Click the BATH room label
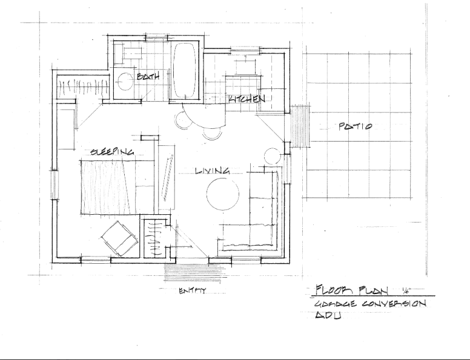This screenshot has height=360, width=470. (x=148, y=77)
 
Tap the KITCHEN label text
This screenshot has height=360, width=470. (x=247, y=99)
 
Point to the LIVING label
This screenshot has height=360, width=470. (x=213, y=171)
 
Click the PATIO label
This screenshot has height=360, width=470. (x=354, y=127)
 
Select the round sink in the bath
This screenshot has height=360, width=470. (x=125, y=80)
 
